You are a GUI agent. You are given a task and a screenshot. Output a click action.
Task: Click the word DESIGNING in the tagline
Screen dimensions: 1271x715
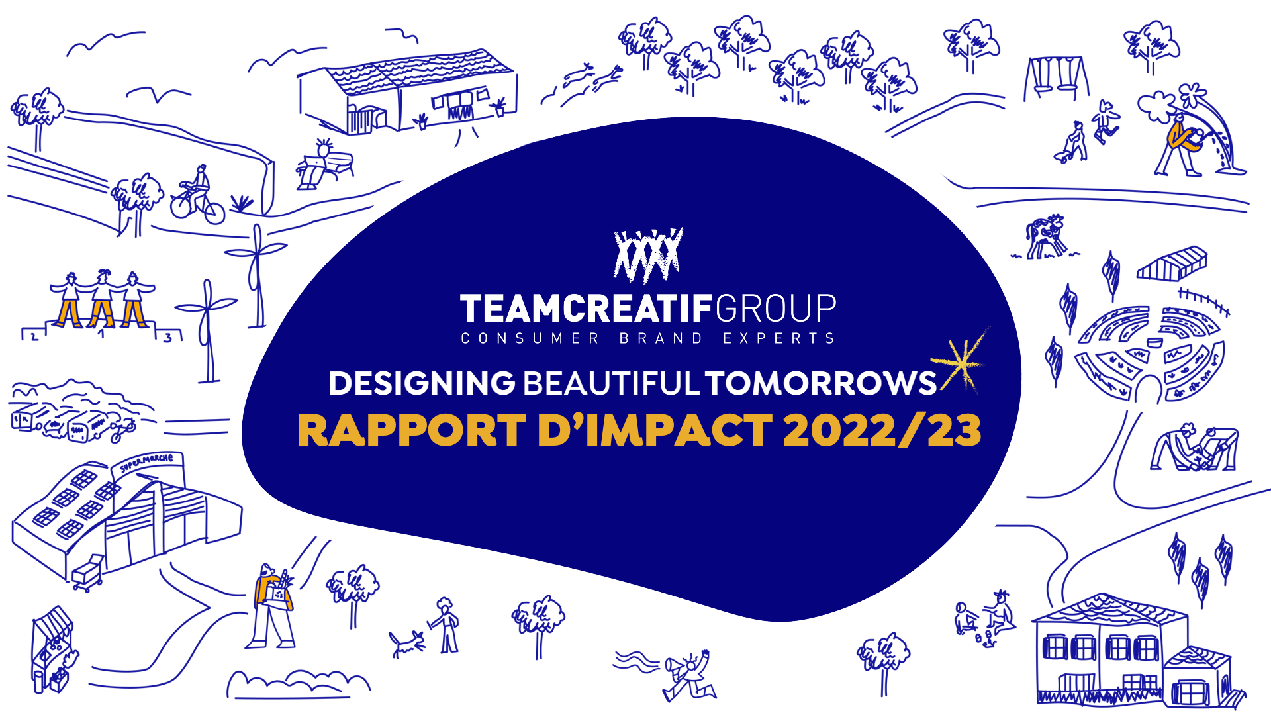coord(422,383)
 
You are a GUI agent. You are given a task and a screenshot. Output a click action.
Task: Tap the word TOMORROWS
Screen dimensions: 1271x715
coord(821,383)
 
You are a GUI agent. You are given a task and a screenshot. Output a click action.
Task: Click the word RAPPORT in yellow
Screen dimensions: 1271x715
coord(412,430)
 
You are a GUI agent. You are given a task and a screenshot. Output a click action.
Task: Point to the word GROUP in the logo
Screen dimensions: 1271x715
coord(776,309)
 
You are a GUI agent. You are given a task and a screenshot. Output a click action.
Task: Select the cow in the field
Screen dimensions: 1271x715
coord(1045,236)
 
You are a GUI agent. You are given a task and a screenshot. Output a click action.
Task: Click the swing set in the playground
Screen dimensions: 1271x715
coord(1057,78)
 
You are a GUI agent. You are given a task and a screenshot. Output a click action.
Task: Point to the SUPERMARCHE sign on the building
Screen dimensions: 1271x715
coord(146,462)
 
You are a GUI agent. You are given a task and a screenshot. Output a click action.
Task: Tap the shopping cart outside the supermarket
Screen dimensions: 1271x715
coord(87,572)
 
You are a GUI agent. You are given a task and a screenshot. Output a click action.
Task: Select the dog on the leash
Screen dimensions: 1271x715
coord(406,643)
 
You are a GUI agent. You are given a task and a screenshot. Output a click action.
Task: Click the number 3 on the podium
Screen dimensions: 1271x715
coord(168,338)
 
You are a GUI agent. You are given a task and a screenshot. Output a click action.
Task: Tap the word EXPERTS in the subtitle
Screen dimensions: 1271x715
coord(779,338)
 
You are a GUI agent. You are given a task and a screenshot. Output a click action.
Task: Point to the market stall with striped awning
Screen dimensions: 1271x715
coord(53,649)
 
